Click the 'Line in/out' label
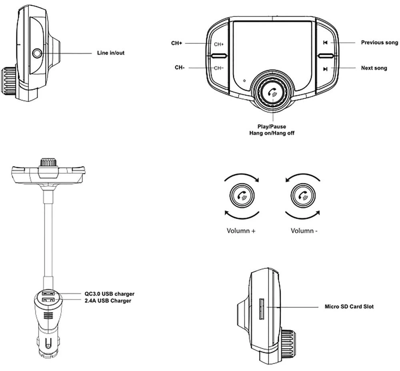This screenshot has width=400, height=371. pos(110,53)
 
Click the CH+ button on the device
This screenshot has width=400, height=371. pos(218,44)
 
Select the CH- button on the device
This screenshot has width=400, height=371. pos(218,68)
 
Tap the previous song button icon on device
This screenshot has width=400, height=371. pos(326,43)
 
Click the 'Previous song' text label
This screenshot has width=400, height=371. pos(379,42)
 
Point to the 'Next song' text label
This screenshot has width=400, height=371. pos(374,68)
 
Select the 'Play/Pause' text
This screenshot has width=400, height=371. pos(272,127)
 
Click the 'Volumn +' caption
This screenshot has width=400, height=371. pos(241,231)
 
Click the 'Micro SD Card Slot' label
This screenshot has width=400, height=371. pos(349,307)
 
